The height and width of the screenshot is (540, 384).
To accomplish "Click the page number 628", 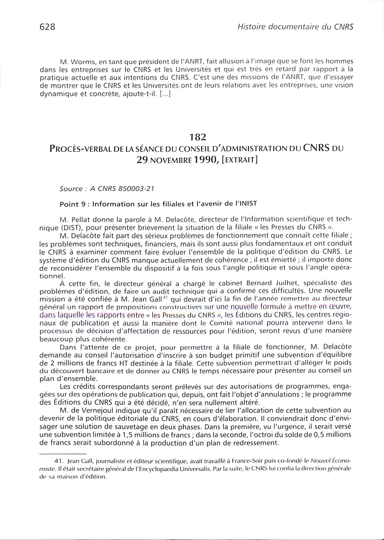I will click(47, 27).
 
